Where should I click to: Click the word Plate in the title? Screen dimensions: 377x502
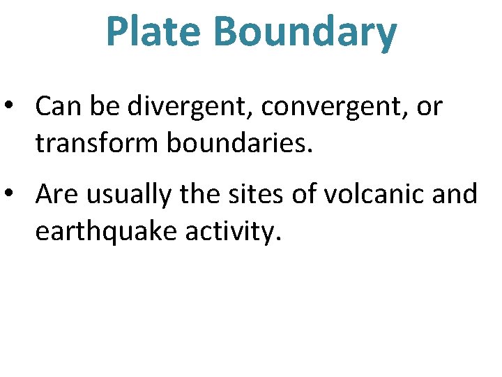[x=153, y=32]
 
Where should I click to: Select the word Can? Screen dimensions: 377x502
[x=57, y=107]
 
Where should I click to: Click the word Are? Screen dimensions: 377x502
[x=56, y=195]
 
